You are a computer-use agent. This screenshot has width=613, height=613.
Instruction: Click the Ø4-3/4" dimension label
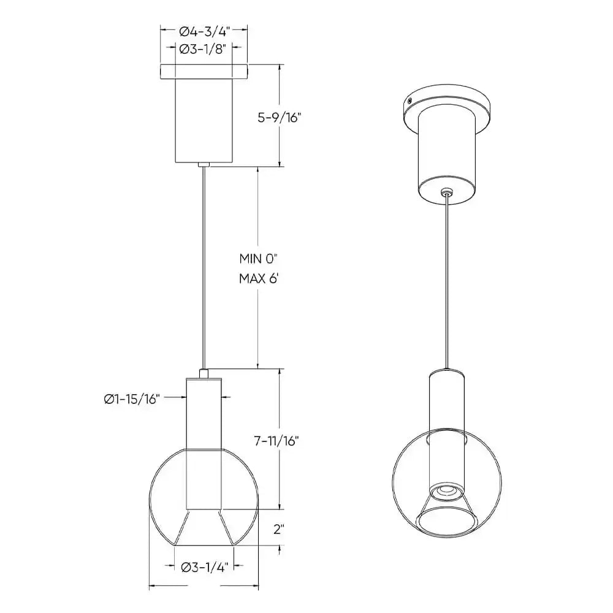click(204, 32)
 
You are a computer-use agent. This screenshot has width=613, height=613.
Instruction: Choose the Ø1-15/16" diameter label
click(131, 399)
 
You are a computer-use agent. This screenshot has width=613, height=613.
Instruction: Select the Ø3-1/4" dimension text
click(205, 567)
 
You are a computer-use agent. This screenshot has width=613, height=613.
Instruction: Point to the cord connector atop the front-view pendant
click(204, 373)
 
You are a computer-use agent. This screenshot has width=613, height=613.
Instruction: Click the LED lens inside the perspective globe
click(446, 492)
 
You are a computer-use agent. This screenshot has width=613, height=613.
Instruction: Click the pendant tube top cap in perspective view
click(447, 373)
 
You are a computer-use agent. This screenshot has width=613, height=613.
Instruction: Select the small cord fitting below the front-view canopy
click(204, 164)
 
